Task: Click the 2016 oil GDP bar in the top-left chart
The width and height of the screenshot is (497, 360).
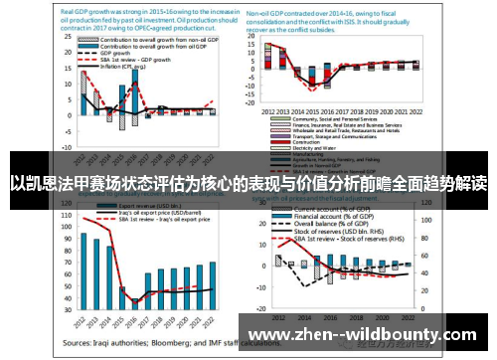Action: (x=134, y=98)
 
